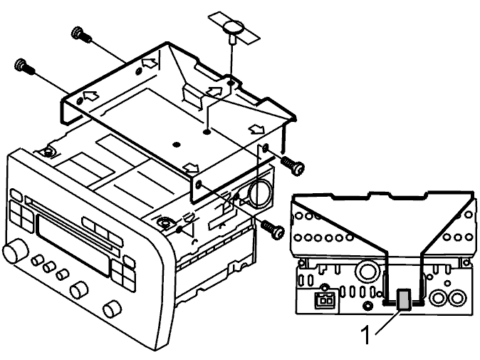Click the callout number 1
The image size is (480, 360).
click(x=366, y=335)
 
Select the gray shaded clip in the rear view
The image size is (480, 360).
click(x=404, y=299)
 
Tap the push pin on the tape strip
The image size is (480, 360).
click(x=234, y=31)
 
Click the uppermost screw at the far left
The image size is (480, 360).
click(x=80, y=34)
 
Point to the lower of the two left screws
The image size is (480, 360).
click(x=24, y=66)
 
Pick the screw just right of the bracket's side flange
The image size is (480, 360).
click(x=293, y=165)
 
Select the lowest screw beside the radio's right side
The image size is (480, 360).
click(x=273, y=229)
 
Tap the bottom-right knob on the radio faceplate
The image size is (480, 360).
click(x=113, y=310)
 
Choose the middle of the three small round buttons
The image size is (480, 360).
click(x=50, y=267)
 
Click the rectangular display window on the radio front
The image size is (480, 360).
click(x=73, y=246)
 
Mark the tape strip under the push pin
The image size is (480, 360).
click(x=234, y=28)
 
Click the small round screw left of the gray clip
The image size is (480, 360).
click(x=367, y=305)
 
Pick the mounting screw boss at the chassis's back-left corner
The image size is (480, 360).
click(x=47, y=151)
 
